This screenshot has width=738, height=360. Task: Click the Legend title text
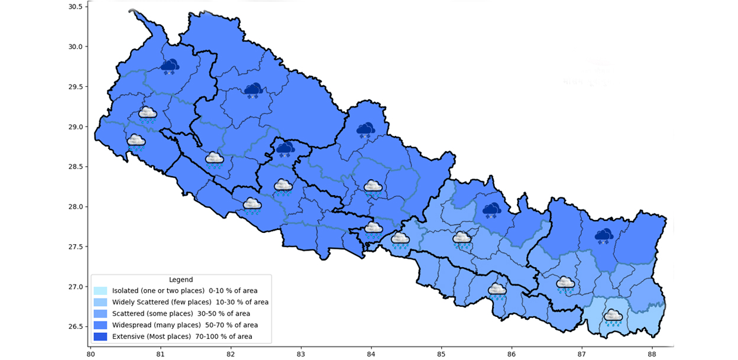tap(180, 280)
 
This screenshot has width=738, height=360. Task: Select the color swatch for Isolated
tap(100, 291)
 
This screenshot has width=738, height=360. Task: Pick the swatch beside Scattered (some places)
tap(100, 313)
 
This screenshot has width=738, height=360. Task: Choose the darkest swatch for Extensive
tap(100, 336)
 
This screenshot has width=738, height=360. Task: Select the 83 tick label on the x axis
tap(301, 354)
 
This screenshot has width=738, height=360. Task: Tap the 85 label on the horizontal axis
tap(441, 354)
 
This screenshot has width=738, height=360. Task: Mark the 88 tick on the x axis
tap(652, 354)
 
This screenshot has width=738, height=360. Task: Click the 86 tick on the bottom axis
tap(512, 354)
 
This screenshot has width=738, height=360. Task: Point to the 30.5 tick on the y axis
tap(75, 7)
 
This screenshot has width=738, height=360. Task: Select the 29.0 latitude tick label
tap(75, 127)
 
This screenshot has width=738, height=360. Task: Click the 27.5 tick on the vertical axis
tap(75, 247)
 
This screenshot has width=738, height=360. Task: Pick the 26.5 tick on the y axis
tap(75, 327)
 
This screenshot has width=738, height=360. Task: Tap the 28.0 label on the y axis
tap(75, 207)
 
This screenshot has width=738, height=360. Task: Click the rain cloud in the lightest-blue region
tap(613, 317)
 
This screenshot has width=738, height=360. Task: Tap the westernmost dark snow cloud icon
tap(170, 66)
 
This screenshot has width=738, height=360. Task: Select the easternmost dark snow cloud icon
tap(604, 236)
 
